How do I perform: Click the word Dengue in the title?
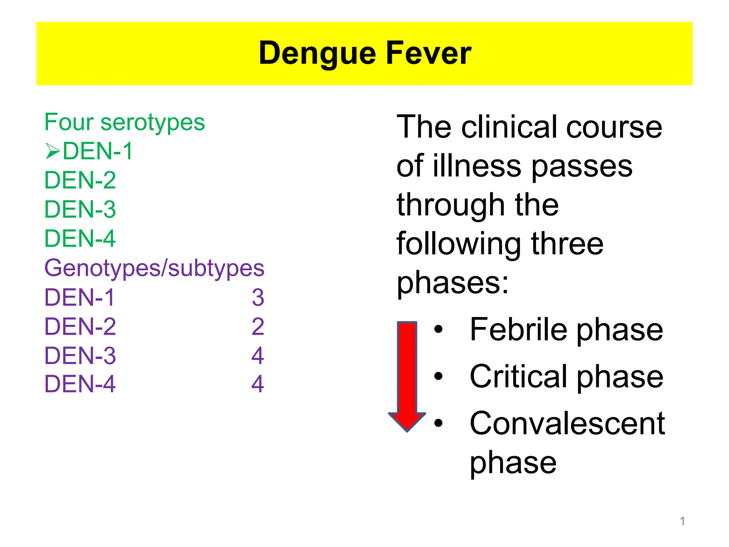tap(317, 54)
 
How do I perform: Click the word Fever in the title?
tap(429, 53)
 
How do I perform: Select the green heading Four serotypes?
tap(125, 122)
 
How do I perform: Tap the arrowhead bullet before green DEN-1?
tap(53, 151)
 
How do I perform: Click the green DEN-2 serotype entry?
tap(80, 180)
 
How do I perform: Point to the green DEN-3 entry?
tap(80, 209)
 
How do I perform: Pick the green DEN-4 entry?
tap(80, 239)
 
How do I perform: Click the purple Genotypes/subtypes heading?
tap(154, 268)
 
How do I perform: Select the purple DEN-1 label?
tap(79, 297)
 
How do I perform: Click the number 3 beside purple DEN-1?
tap(258, 297)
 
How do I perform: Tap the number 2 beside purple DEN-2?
tap(258, 327)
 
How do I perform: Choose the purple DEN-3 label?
tap(80, 356)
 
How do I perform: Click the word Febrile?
tap(518, 330)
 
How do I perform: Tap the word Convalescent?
tap(567, 423)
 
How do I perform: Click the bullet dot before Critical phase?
tap(439, 376)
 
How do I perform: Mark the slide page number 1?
tap(682, 521)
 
